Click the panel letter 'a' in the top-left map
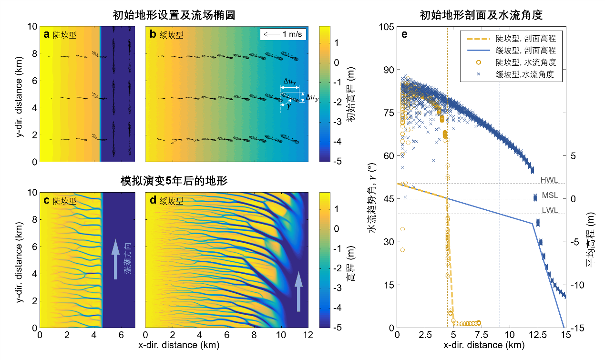click(x=46, y=34)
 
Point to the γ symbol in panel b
click(x=288, y=107)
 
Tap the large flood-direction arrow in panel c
click(x=114, y=259)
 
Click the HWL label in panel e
click(x=549, y=180)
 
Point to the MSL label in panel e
click(x=549, y=195)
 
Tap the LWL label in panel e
click(x=549, y=210)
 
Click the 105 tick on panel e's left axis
click(x=387, y=27)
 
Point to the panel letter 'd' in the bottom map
click(x=153, y=200)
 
